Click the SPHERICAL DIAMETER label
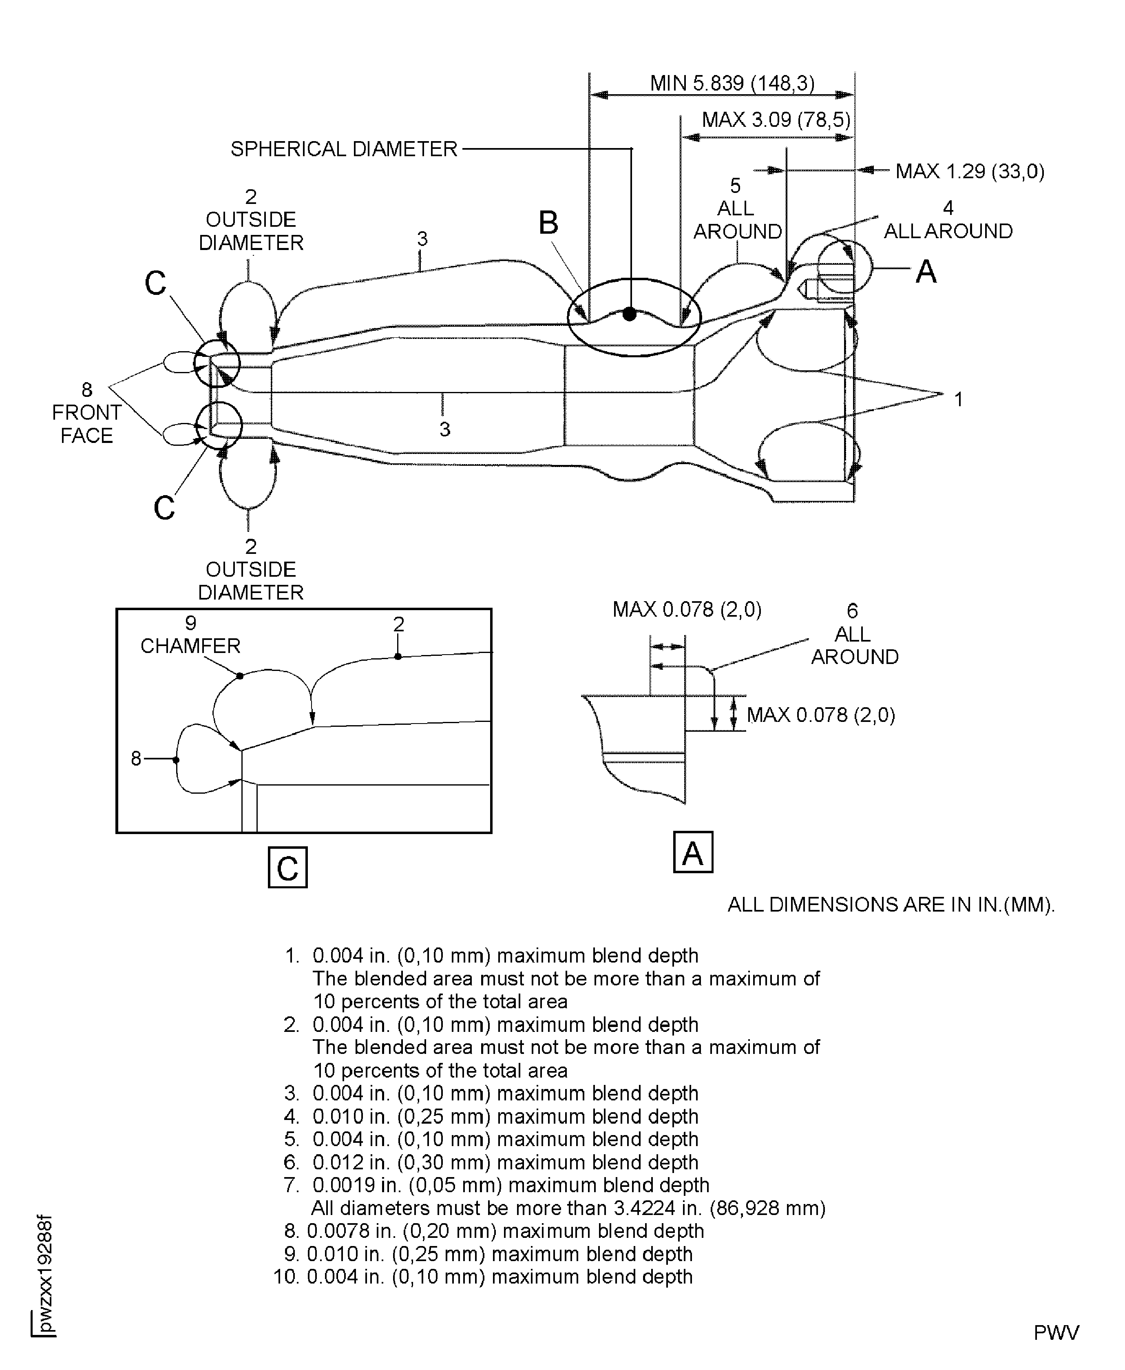(344, 149)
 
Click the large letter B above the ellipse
(548, 223)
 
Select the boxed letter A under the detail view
(693, 852)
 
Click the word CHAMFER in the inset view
(190, 646)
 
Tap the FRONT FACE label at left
(87, 423)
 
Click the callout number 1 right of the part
(959, 400)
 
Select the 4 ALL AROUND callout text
(948, 220)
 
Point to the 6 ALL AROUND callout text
(854, 634)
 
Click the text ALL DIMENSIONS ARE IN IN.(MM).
(891, 905)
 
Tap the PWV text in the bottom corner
(1056, 1333)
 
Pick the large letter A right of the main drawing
(926, 272)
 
